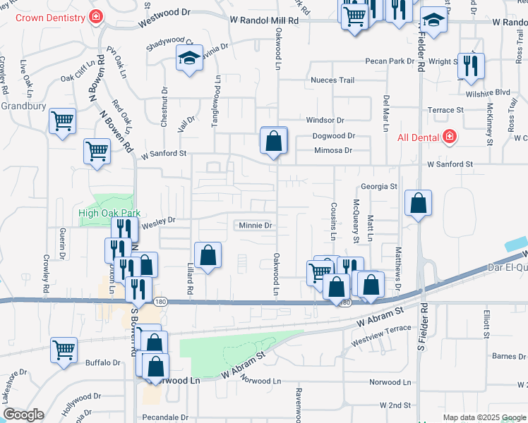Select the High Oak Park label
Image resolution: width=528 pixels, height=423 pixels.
click(x=109, y=213)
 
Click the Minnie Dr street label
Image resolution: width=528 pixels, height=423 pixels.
click(x=255, y=226)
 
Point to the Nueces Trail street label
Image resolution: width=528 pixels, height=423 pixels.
click(x=332, y=80)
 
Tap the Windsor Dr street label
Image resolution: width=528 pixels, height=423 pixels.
click(x=325, y=121)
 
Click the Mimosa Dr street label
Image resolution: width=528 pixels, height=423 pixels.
click(x=332, y=150)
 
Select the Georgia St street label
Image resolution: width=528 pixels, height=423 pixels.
click(x=380, y=187)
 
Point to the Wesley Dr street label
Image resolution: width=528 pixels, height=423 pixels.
click(x=158, y=220)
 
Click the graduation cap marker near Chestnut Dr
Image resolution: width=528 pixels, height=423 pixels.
click(x=189, y=59)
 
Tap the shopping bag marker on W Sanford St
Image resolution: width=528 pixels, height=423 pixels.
click(x=274, y=140)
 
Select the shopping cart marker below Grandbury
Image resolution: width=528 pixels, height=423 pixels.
click(x=63, y=121)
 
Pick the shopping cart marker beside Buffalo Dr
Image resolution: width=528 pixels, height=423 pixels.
click(x=64, y=350)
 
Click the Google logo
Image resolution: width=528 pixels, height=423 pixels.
click(x=23, y=415)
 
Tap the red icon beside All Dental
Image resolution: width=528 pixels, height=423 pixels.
click(x=448, y=137)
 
